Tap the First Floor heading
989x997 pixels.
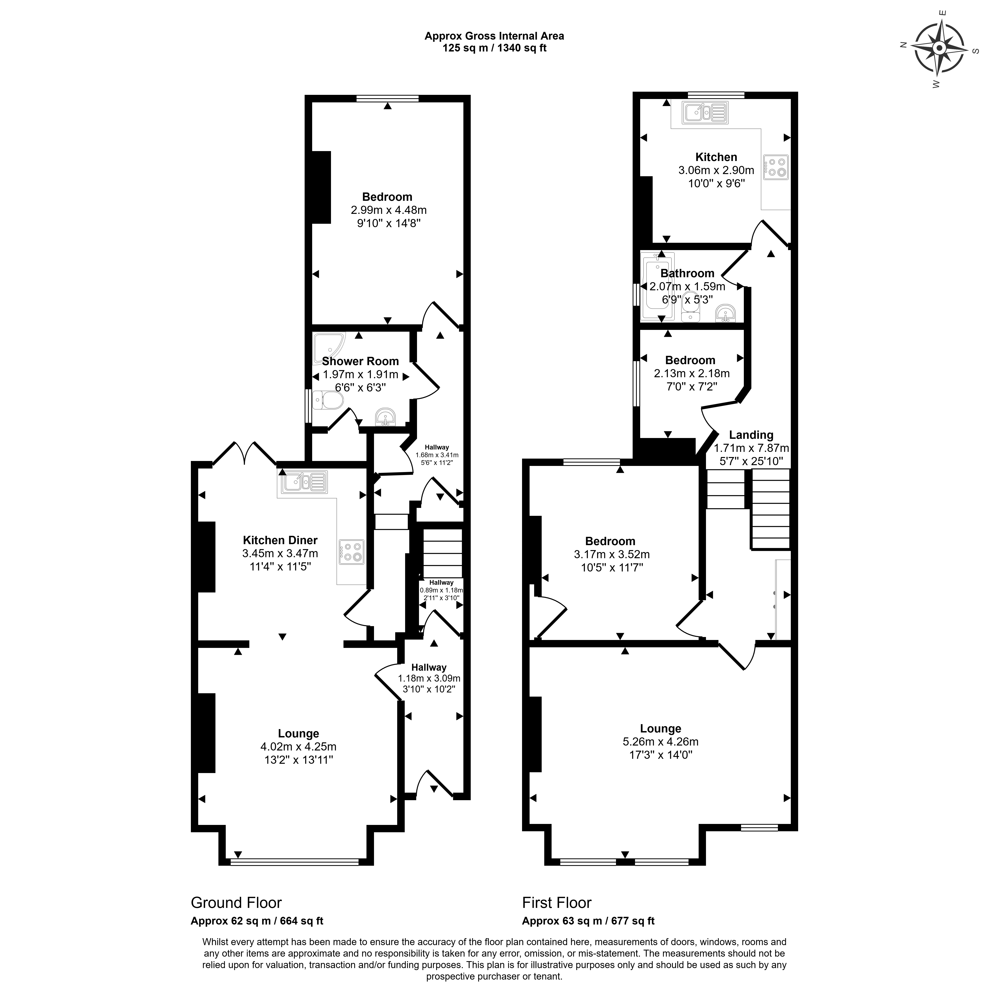(557, 903)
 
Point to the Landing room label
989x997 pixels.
(751, 435)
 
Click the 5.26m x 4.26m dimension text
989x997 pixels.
(661, 742)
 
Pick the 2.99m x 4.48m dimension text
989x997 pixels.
(388, 210)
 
